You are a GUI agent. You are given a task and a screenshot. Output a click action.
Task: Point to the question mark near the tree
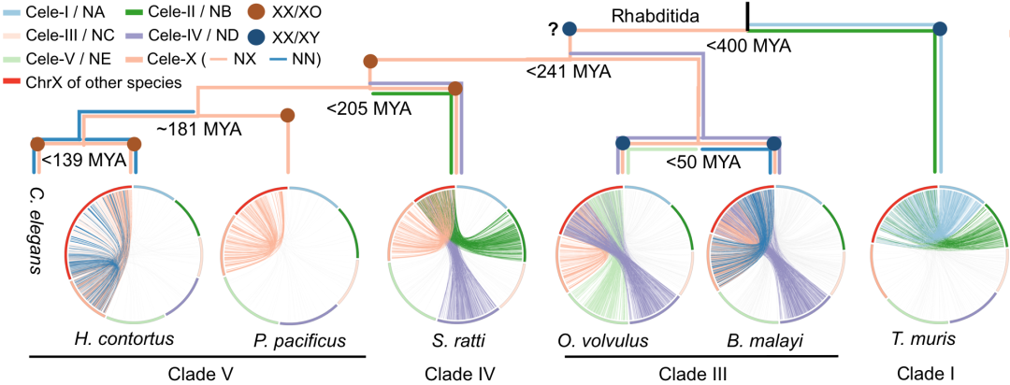click(553, 28)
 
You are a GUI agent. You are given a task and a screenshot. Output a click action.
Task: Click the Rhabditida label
click(655, 15)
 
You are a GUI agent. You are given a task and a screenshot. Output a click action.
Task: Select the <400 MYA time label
click(749, 44)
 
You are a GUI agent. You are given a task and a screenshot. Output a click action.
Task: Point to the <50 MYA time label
click(704, 162)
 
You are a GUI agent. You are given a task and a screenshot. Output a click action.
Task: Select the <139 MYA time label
click(84, 160)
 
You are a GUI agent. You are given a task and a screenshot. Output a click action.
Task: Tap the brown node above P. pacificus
click(288, 116)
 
